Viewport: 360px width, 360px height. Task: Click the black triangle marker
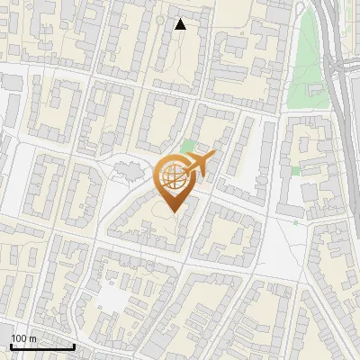pos(181,24)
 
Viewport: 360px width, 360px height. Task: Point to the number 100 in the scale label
pos(19,338)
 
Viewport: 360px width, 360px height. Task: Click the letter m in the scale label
pos(32,338)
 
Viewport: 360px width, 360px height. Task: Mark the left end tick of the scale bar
pos(11,346)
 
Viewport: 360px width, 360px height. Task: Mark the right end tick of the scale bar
pos(74,346)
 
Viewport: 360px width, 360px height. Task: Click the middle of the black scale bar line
pos(42,347)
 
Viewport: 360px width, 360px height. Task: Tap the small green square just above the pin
pos(187,145)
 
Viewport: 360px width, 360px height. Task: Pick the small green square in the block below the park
pos(296,170)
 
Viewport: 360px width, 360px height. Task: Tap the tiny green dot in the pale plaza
pos(295,221)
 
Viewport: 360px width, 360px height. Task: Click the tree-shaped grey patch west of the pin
pos(125,168)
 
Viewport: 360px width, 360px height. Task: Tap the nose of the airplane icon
pos(215,157)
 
